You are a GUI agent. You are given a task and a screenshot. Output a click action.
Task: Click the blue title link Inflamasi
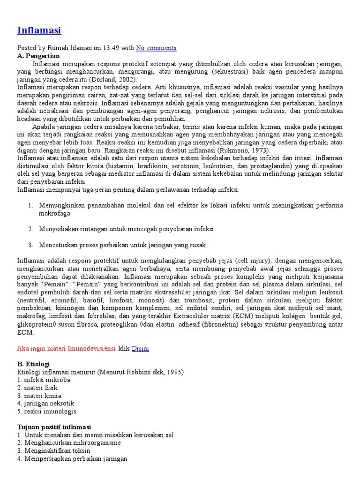(39, 30)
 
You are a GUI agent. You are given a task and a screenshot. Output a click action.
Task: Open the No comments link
(156, 48)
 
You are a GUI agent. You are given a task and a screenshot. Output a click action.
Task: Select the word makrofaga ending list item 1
(54, 213)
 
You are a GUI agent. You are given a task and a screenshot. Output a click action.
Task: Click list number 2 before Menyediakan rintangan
(30, 229)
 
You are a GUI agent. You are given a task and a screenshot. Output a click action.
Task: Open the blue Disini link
(141, 348)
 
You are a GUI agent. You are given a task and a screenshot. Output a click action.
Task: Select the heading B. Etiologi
(33, 364)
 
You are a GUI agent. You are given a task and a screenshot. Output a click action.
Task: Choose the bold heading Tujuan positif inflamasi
(54, 427)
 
